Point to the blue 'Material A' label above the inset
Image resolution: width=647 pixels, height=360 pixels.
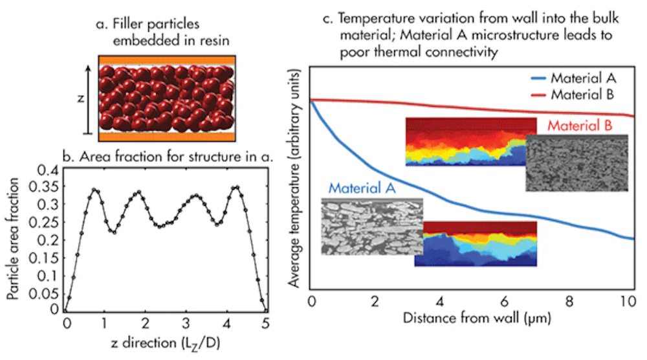point(364,188)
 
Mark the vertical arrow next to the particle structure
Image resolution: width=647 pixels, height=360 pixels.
point(89,98)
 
